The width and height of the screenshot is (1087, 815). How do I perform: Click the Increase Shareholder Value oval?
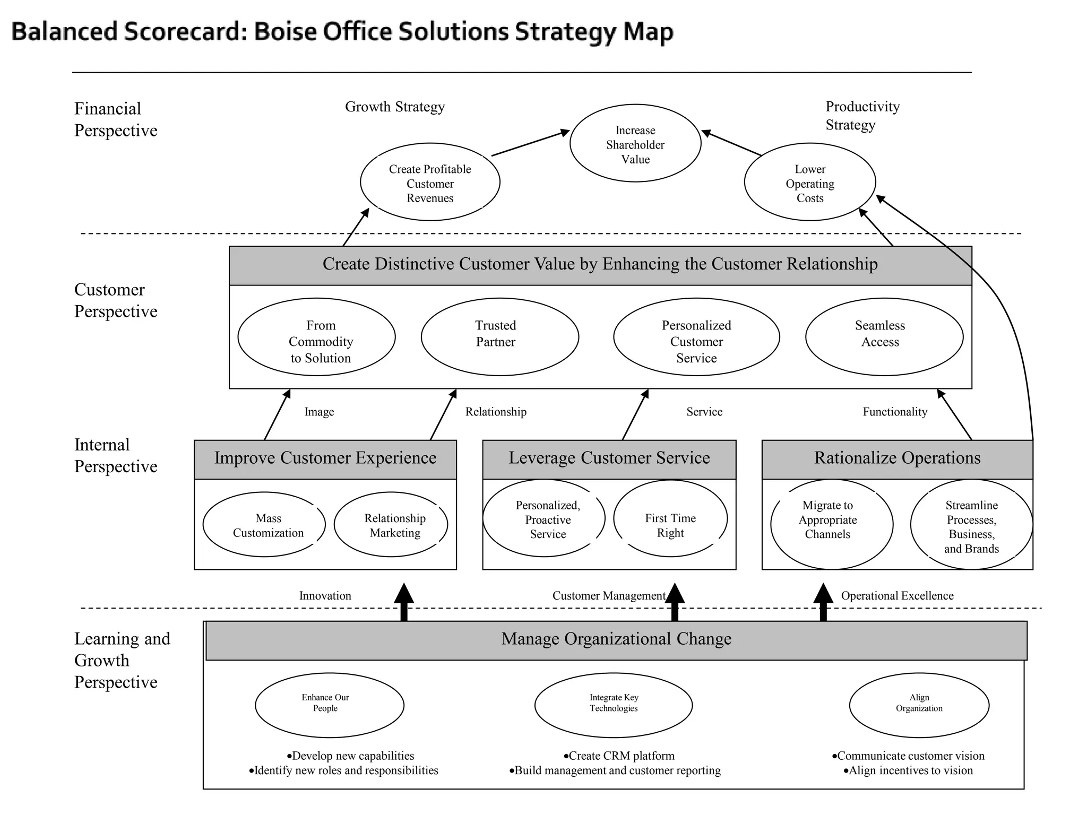635,144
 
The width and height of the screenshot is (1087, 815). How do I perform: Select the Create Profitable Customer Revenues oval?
430,183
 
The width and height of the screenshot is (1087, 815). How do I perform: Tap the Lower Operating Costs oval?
810,183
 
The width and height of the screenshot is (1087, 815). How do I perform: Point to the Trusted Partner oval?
499,336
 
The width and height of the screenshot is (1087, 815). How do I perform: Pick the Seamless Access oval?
884,336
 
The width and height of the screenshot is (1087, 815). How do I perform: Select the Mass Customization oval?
264,525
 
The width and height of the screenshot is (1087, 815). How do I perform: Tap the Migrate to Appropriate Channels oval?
831,525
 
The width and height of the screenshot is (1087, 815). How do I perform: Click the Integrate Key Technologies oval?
614,705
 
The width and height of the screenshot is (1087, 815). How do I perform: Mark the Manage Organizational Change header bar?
616,640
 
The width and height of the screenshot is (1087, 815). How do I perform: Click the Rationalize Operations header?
897,458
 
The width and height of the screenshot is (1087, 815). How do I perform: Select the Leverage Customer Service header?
609,458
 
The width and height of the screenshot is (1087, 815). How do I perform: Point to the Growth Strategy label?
394,107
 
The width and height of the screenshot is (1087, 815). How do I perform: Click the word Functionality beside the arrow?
895,412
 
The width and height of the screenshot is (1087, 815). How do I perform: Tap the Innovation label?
325,596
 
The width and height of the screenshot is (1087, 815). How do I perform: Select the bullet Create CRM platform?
619,756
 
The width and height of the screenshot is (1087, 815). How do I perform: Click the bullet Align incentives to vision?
908,771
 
